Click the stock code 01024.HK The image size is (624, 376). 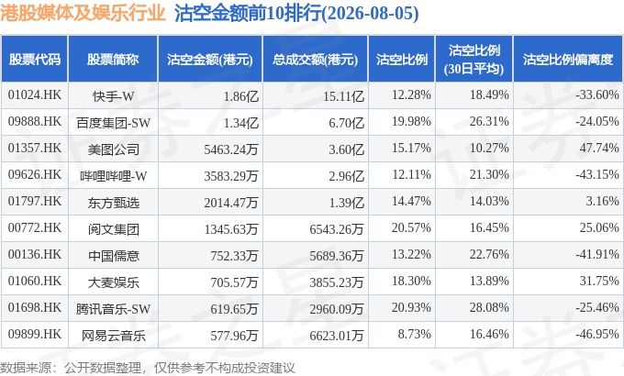coord(35,94)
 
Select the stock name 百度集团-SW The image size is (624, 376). coord(114,123)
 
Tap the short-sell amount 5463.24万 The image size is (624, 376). coord(231,149)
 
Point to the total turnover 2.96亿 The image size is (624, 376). coord(346,176)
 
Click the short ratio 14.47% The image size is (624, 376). coord(411,201)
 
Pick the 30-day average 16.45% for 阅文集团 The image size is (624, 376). coord(489,227)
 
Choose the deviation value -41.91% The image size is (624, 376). coord(597,254)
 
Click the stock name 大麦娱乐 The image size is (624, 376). coord(114,282)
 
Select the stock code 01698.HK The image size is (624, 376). coord(35,307)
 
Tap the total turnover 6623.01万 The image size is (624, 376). coord(337,336)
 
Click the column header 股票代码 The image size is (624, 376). coord(35,60)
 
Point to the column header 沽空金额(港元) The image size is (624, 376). coord(210,60)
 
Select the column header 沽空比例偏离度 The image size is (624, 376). coord(568,60)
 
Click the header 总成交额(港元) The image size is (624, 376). coord(315,60)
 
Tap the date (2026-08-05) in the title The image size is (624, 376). coord(370,14)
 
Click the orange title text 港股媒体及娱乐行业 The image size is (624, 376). coord(83,13)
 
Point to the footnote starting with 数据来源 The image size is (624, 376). coord(148,368)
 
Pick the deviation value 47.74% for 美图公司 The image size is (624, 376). coord(599,148)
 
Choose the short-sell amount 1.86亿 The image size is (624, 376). coord(241,96)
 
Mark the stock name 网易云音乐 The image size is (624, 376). coord(114,336)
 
